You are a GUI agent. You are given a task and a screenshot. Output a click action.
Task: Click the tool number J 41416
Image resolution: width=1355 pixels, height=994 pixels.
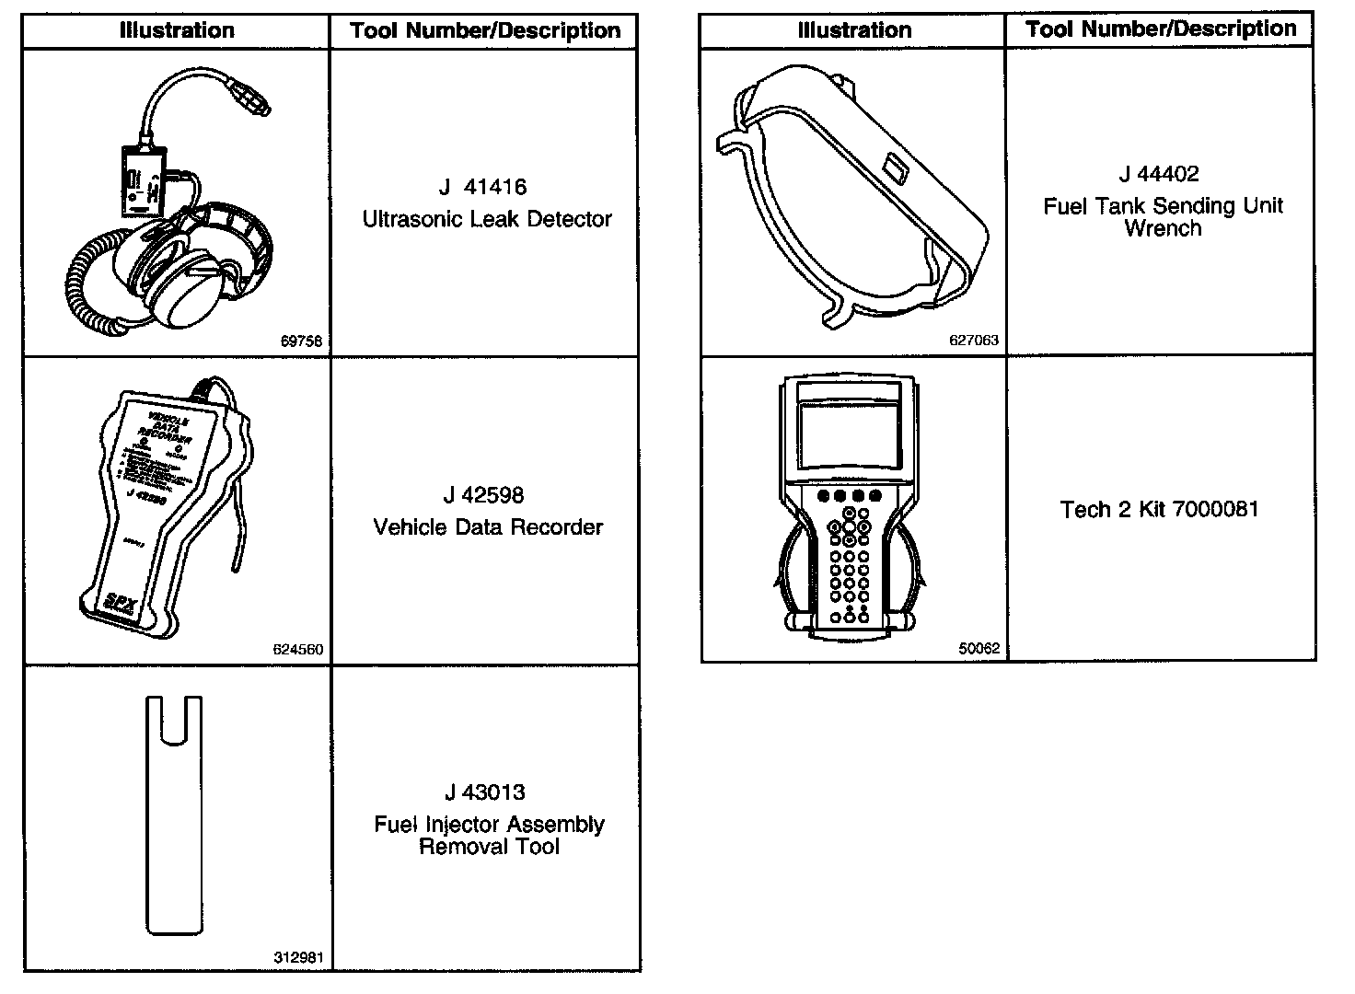pyautogui.click(x=483, y=188)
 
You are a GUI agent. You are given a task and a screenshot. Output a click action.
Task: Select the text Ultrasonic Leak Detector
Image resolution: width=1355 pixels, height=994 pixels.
pyautogui.click(x=487, y=219)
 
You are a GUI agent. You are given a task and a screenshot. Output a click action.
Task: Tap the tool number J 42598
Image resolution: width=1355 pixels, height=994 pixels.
pyautogui.click(x=483, y=496)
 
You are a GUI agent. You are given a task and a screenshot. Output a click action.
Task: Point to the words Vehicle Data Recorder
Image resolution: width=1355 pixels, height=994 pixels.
pyautogui.click(x=488, y=527)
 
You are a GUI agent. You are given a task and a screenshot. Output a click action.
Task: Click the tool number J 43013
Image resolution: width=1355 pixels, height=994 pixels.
pyautogui.click(x=484, y=792)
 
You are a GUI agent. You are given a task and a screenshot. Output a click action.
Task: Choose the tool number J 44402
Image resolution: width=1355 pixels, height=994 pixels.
pyautogui.click(x=1159, y=174)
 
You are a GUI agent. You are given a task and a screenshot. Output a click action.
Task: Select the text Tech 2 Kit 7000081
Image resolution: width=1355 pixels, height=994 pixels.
pyautogui.click(x=1159, y=510)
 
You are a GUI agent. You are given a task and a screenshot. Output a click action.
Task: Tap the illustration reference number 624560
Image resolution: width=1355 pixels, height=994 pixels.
pyautogui.click(x=298, y=650)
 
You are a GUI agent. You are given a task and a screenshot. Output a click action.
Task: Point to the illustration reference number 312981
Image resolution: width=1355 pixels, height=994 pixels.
pyautogui.click(x=298, y=957)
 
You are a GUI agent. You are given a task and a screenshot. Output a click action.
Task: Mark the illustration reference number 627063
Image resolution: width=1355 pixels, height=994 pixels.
pyautogui.click(x=974, y=341)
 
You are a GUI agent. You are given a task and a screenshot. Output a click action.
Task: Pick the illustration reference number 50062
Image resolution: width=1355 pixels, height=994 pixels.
pyautogui.click(x=979, y=649)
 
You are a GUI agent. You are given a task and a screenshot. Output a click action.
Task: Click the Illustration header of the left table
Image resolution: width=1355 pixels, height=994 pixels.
pyautogui.click(x=177, y=30)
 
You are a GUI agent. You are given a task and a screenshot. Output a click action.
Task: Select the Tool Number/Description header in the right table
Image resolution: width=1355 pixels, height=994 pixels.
pyautogui.click(x=1161, y=29)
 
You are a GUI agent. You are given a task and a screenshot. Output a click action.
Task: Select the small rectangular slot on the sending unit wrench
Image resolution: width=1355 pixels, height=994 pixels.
pyautogui.click(x=894, y=169)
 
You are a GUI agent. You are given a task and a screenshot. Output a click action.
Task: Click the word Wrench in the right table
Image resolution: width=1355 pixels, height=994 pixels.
pyautogui.click(x=1163, y=228)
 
